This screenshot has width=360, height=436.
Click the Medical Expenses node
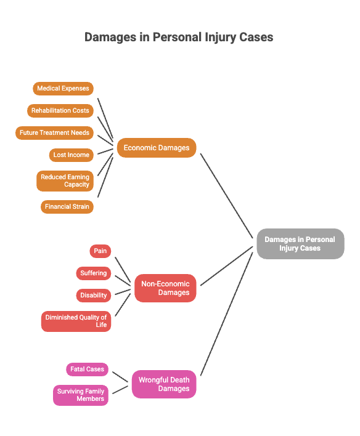click(63, 89)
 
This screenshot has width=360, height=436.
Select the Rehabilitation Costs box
click(60, 111)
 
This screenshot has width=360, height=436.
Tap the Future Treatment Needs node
click(54, 133)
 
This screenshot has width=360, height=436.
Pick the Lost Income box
click(72, 155)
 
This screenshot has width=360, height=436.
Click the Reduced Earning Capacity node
click(65, 180)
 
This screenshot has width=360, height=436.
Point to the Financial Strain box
click(67, 206)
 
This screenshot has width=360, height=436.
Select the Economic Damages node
click(157, 148)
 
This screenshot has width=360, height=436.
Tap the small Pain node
click(100, 251)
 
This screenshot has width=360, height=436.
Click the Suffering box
click(94, 273)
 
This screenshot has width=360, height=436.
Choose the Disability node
click(94, 296)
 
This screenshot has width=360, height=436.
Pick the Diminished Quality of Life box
click(76, 321)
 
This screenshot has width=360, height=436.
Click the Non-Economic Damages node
click(165, 288)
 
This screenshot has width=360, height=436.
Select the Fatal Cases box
click(87, 369)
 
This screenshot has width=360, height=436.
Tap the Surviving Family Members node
click(81, 395)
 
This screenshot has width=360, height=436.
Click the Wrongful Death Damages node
click(164, 384)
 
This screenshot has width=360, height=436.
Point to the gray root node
click(300, 244)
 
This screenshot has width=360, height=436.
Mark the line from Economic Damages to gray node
click(227, 196)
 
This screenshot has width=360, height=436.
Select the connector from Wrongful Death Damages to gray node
click(227, 314)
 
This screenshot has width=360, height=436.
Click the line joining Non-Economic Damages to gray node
click(227, 266)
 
